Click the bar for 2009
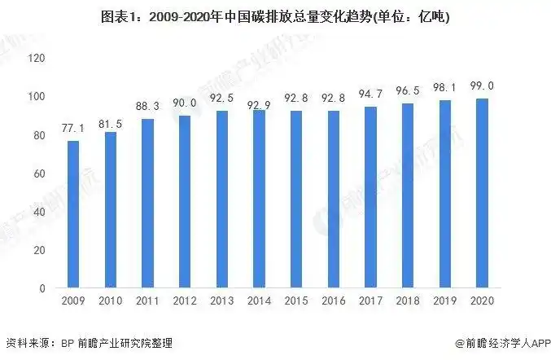[72, 214]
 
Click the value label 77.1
[72, 130]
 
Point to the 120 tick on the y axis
[37, 58]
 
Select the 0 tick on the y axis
[42, 288]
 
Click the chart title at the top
[275, 16]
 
